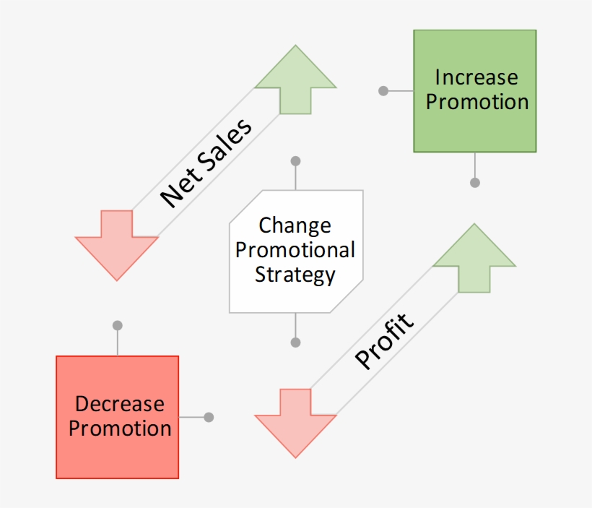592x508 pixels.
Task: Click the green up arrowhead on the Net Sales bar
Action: tap(295, 79)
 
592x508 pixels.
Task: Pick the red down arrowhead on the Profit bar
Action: tap(295, 423)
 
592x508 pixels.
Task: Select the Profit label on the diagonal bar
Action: tap(386, 341)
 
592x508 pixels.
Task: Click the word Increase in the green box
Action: tap(476, 77)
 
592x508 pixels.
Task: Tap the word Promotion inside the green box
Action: tap(476, 102)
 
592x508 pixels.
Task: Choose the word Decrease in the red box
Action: tap(120, 404)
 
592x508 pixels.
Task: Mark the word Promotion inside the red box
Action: tap(120, 429)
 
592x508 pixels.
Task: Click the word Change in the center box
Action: tap(295, 225)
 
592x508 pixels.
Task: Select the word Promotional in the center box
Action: tap(295, 250)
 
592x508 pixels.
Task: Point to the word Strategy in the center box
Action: tap(295, 275)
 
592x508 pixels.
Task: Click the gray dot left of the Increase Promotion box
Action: tap(383, 91)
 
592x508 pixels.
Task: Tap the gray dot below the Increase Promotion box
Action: tap(474, 183)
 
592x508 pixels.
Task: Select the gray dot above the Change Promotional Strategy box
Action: tap(295, 160)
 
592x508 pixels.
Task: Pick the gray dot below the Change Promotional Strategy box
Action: tap(295, 342)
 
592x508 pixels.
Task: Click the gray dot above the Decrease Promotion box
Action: tap(118, 325)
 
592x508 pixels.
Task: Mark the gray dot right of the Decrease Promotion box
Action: tap(209, 417)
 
